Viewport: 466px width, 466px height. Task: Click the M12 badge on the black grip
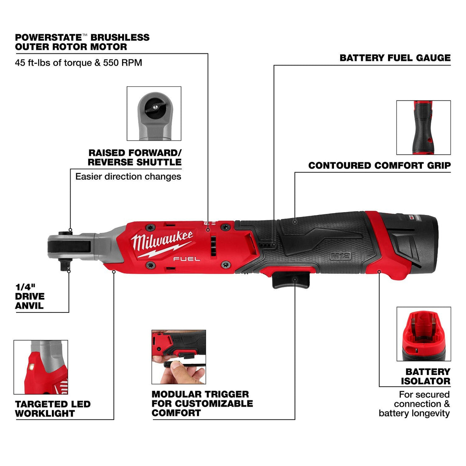(340, 256)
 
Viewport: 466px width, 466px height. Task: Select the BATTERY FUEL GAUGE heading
(395, 58)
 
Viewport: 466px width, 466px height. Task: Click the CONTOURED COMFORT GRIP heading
(379, 165)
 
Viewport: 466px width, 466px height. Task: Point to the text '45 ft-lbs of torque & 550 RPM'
(78, 63)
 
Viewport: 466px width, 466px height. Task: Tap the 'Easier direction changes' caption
(128, 177)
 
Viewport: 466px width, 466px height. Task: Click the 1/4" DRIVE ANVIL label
(30, 296)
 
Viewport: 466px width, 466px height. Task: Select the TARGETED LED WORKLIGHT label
(53, 409)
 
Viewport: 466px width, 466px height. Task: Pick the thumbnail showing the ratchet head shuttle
(154, 114)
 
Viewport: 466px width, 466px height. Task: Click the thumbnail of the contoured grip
(423, 127)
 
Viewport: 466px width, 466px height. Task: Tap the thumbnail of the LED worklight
(41, 367)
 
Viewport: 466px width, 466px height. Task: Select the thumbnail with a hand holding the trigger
(178, 357)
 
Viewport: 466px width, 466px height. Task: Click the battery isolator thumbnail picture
(423, 334)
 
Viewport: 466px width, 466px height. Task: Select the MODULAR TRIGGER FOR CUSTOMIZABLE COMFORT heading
(202, 404)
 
